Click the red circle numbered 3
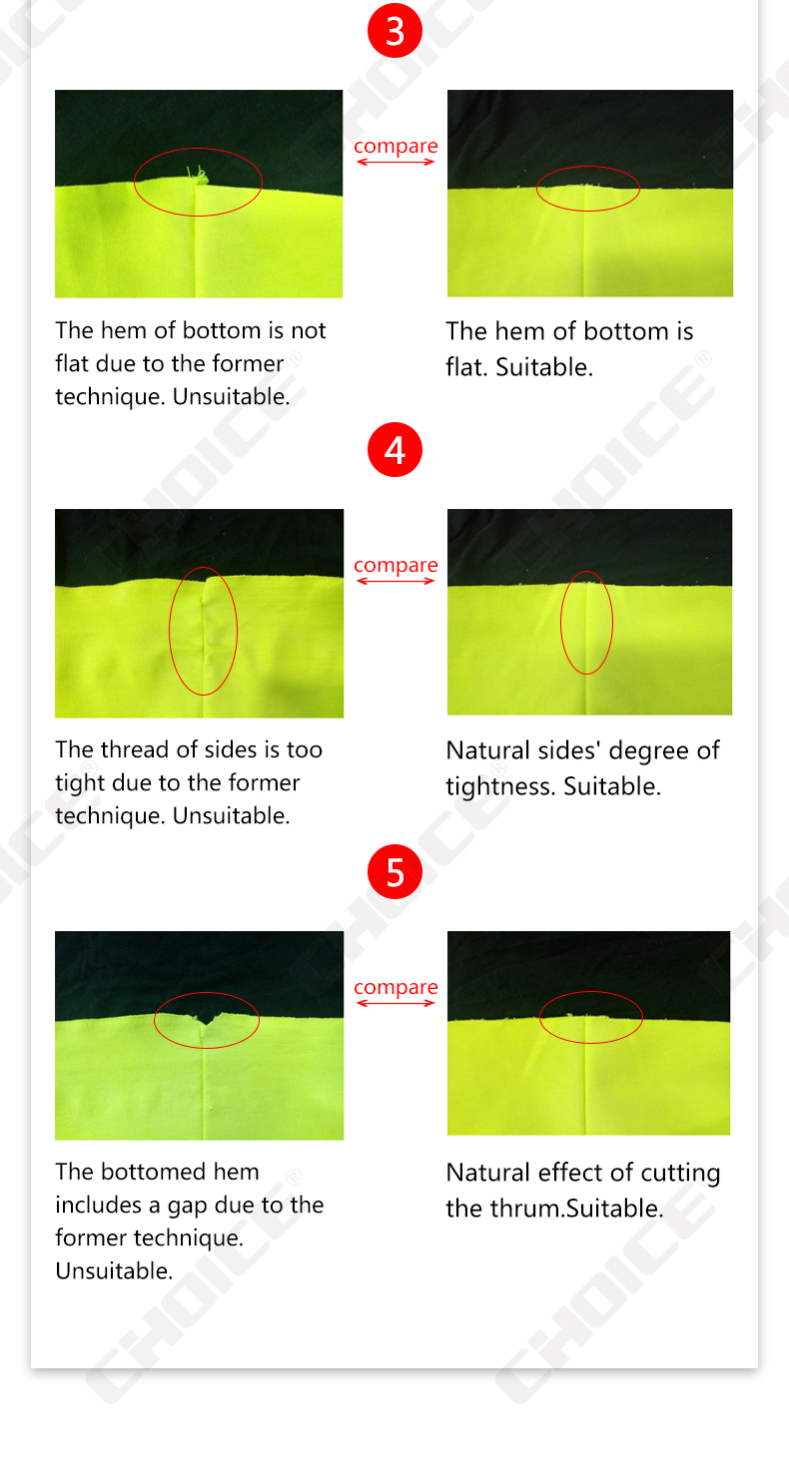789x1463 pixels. click(x=394, y=30)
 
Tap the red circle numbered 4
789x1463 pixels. click(x=394, y=449)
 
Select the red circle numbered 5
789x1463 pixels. click(x=394, y=872)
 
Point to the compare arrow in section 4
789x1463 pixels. click(x=395, y=581)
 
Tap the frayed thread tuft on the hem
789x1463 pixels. click(x=199, y=175)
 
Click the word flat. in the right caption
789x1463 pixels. click(x=466, y=367)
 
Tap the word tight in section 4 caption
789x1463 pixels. click(x=81, y=783)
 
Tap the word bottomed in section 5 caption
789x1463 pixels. click(x=153, y=1172)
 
